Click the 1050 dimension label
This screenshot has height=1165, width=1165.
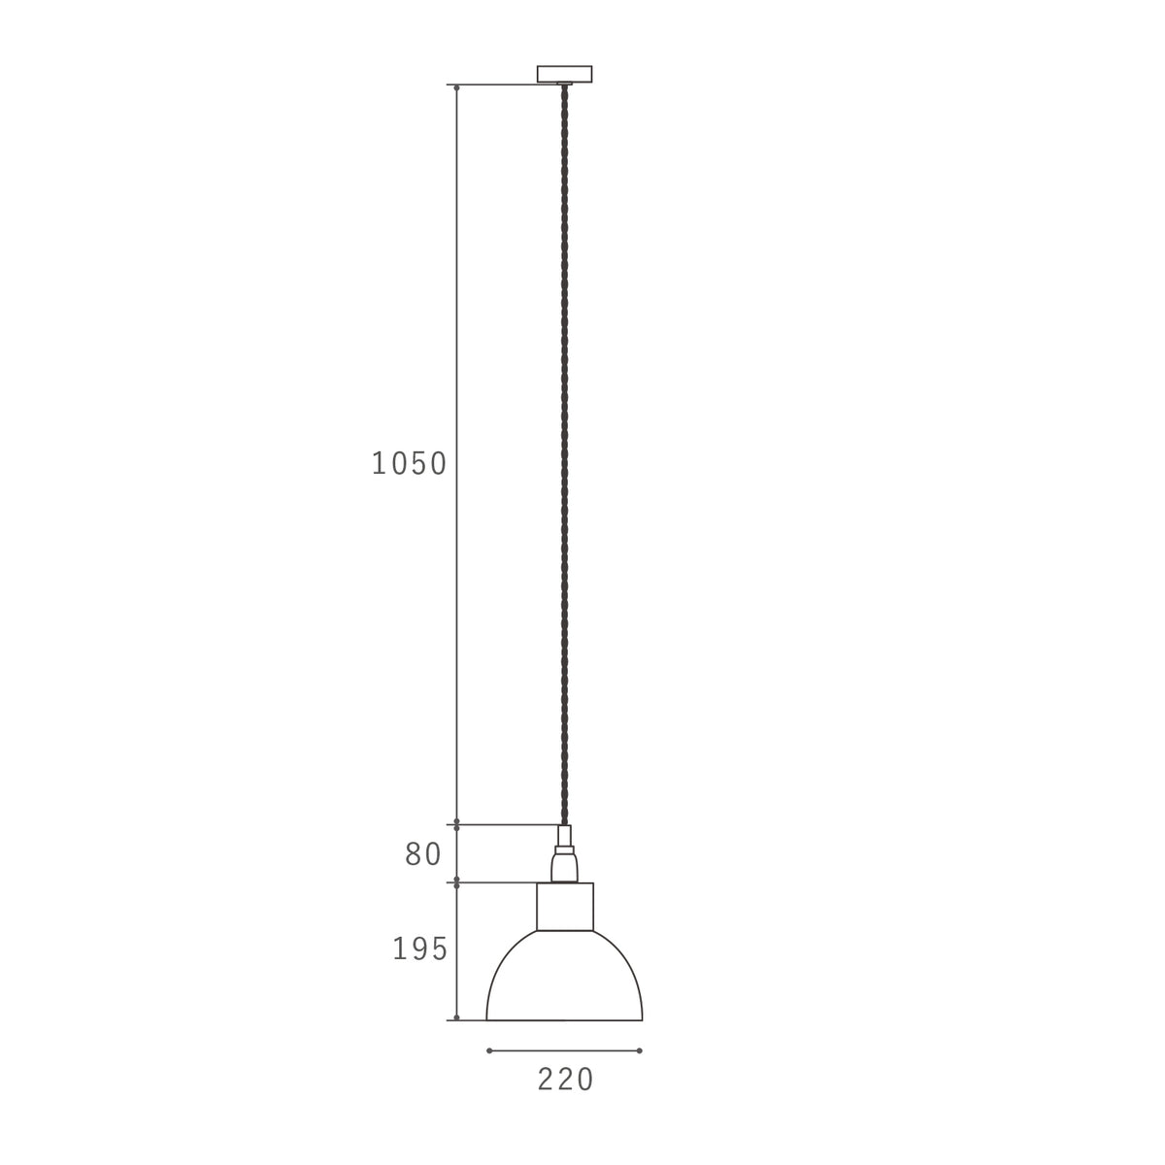pyautogui.click(x=409, y=464)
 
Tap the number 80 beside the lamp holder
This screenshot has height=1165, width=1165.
pyautogui.click(x=423, y=854)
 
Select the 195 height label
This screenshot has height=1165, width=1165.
pyautogui.click(x=419, y=949)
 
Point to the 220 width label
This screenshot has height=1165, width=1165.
pyautogui.click(x=565, y=1080)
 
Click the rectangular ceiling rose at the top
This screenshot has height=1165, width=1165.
pyautogui.click(x=564, y=74)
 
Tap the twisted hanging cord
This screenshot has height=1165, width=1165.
pyautogui.click(x=565, y=453)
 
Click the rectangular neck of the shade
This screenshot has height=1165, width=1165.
pyautogui.click(x=565, y=906)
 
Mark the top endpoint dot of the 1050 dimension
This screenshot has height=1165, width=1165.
pyautogui.click(x=456, y=88)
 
